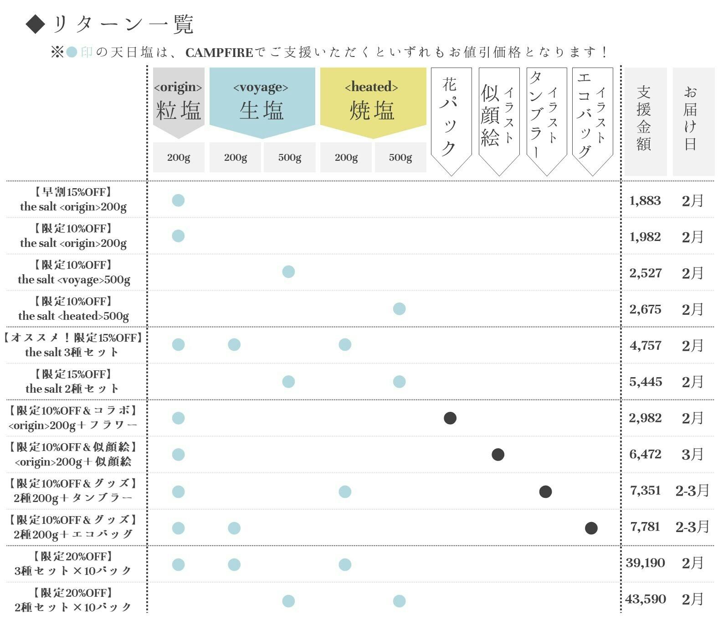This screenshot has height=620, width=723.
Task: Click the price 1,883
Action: click(x=645, y=200)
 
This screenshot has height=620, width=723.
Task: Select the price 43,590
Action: click(x=646, y=599)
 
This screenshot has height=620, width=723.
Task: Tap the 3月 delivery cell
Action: click(x=692, y=454)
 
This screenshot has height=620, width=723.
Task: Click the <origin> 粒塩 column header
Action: click(x=178, y=101)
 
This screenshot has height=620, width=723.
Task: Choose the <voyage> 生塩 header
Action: click(x=262, y=101)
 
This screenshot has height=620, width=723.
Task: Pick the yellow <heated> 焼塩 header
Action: click(x=373, y=101)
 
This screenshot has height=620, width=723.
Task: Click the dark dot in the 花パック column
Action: click(x=450, y=418)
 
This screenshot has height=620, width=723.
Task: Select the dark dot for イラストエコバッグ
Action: click(x=591, y=528)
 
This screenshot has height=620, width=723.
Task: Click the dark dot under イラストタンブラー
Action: click(x=545, y=492)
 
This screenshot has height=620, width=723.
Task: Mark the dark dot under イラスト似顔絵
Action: click(x=498, y=454)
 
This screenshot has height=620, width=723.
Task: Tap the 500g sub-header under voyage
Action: click(x=289, y=158)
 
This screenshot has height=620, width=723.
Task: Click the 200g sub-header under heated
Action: click(x=346, y=158)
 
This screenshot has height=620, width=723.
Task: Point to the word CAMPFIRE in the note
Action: click(x=219, y=53)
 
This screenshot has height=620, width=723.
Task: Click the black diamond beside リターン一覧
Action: click(x=35, y=24)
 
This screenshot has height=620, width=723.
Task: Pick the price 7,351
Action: click(x=645, y=491)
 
